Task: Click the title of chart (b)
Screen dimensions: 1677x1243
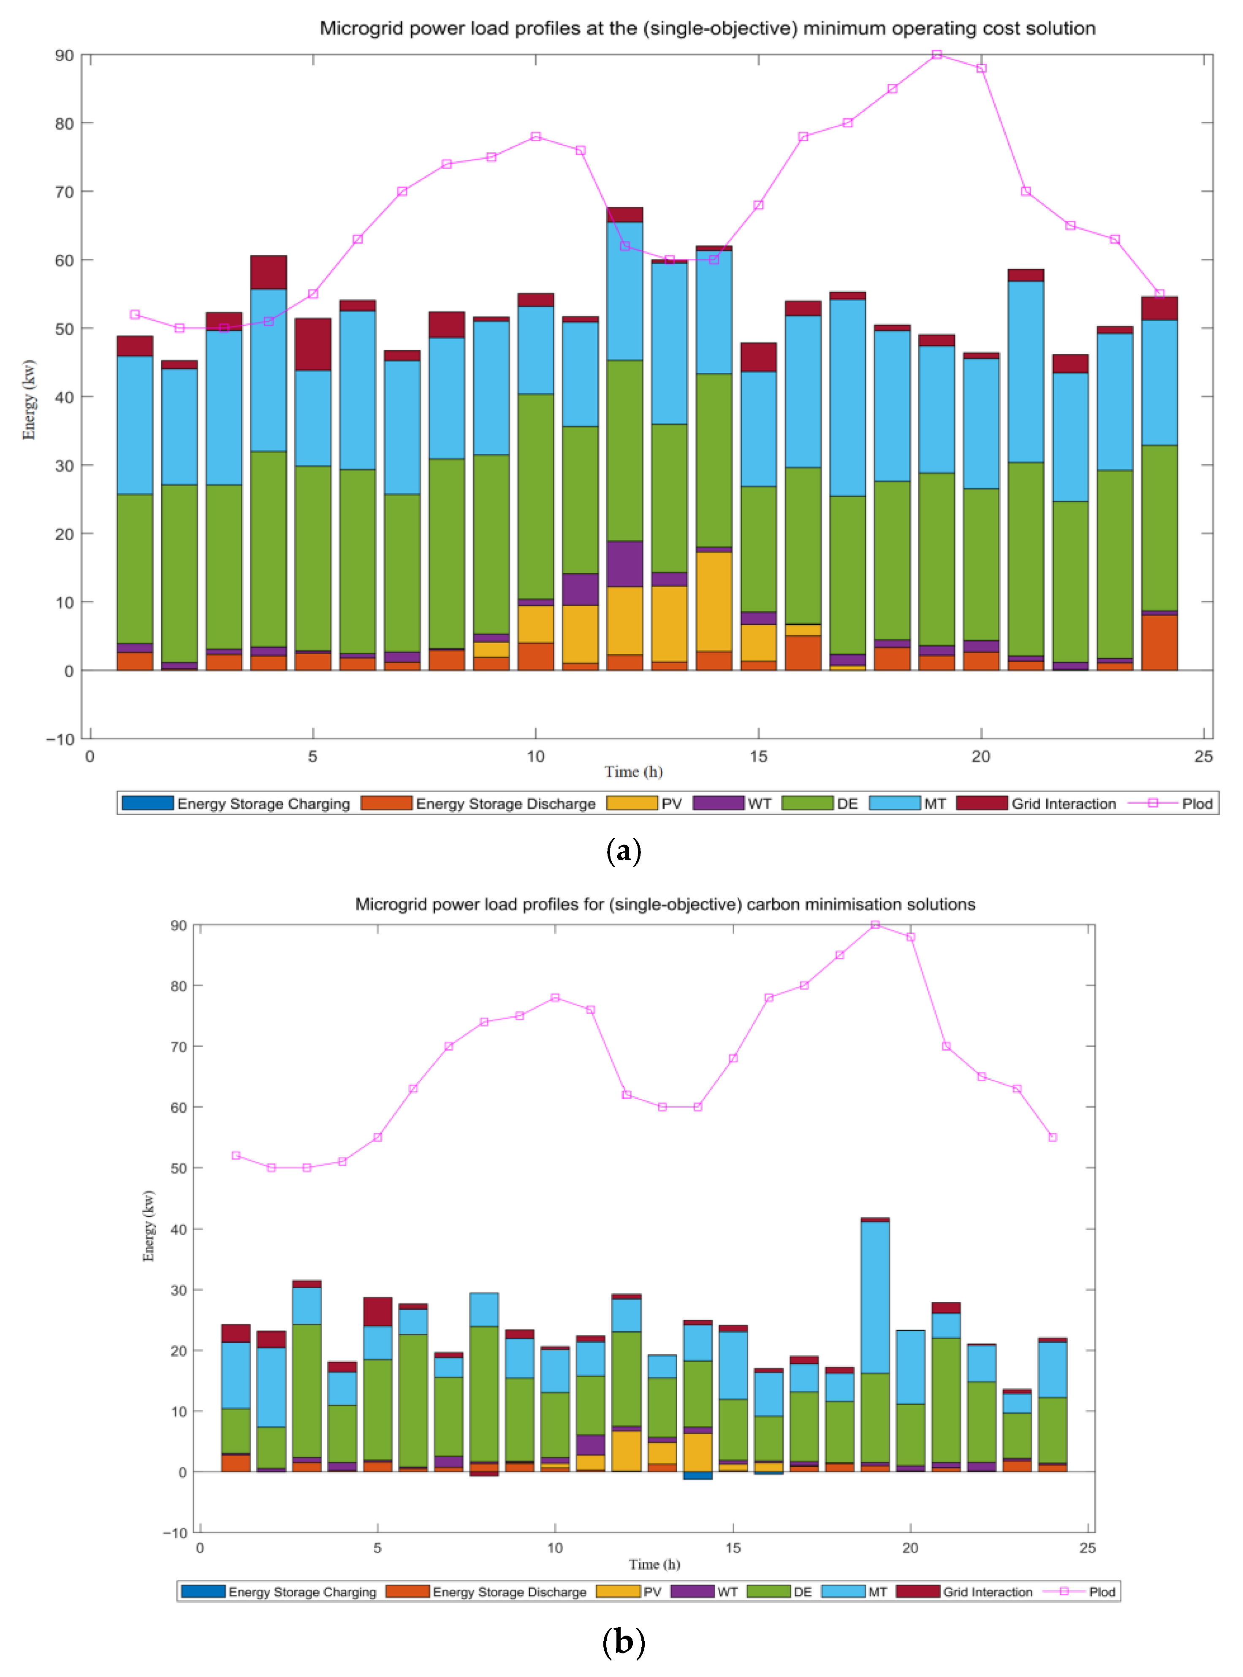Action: pyautogui.click(x=665, y=904)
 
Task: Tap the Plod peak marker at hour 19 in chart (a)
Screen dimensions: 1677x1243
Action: pyautogui.click(x=937, y=55)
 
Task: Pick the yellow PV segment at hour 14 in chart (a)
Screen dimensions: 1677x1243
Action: pyautogui.click(x=714, y=601)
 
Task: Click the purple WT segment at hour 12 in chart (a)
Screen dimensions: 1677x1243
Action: pyautogui.click(x=625, y=564)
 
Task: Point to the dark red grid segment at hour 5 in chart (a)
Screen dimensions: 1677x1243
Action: pyautogui.click(x=313, y=344)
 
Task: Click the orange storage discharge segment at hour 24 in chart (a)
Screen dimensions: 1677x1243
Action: pyautogui.click(x=1159, y=643)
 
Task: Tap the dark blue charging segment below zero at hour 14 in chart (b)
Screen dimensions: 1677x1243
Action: pyautogui.click(x=697, y=1476)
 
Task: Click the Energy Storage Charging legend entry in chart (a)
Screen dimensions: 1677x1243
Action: pyautogui.click(x=236, y=803)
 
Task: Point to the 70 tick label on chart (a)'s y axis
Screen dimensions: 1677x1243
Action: pyautogui.click(x=64, y=192)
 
